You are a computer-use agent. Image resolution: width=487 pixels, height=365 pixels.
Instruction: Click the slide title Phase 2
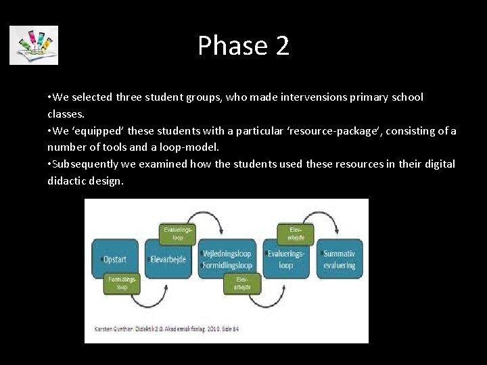pyautogui.click(x=243, y=46)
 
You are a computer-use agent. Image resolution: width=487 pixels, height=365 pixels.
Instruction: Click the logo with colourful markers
pyautogui.click(x=34, y=45)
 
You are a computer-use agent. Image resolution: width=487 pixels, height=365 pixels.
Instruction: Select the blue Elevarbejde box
pyautogui.click(x=170, y=259)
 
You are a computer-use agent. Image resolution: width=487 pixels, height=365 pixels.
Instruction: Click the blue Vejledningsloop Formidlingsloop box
pyautogui.click(x=227, y=260)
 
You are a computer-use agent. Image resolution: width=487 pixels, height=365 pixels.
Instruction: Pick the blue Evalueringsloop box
pyautogui.click(x=285, y=260)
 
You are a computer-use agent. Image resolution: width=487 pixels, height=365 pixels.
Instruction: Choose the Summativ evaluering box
pyautogui.click(x=340, y=260)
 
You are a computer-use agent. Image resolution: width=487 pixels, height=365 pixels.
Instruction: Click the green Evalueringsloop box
pyautogui.click(x=178, y=234)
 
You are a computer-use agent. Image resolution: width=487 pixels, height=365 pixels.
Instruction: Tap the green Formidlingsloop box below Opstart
pyautogui.click(x=122, y=283)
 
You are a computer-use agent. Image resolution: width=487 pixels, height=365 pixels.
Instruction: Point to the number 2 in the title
pyautogui.click(x=282, y=46)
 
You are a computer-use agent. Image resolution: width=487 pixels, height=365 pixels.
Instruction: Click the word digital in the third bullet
pyautogui.click(x=438, y=164)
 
